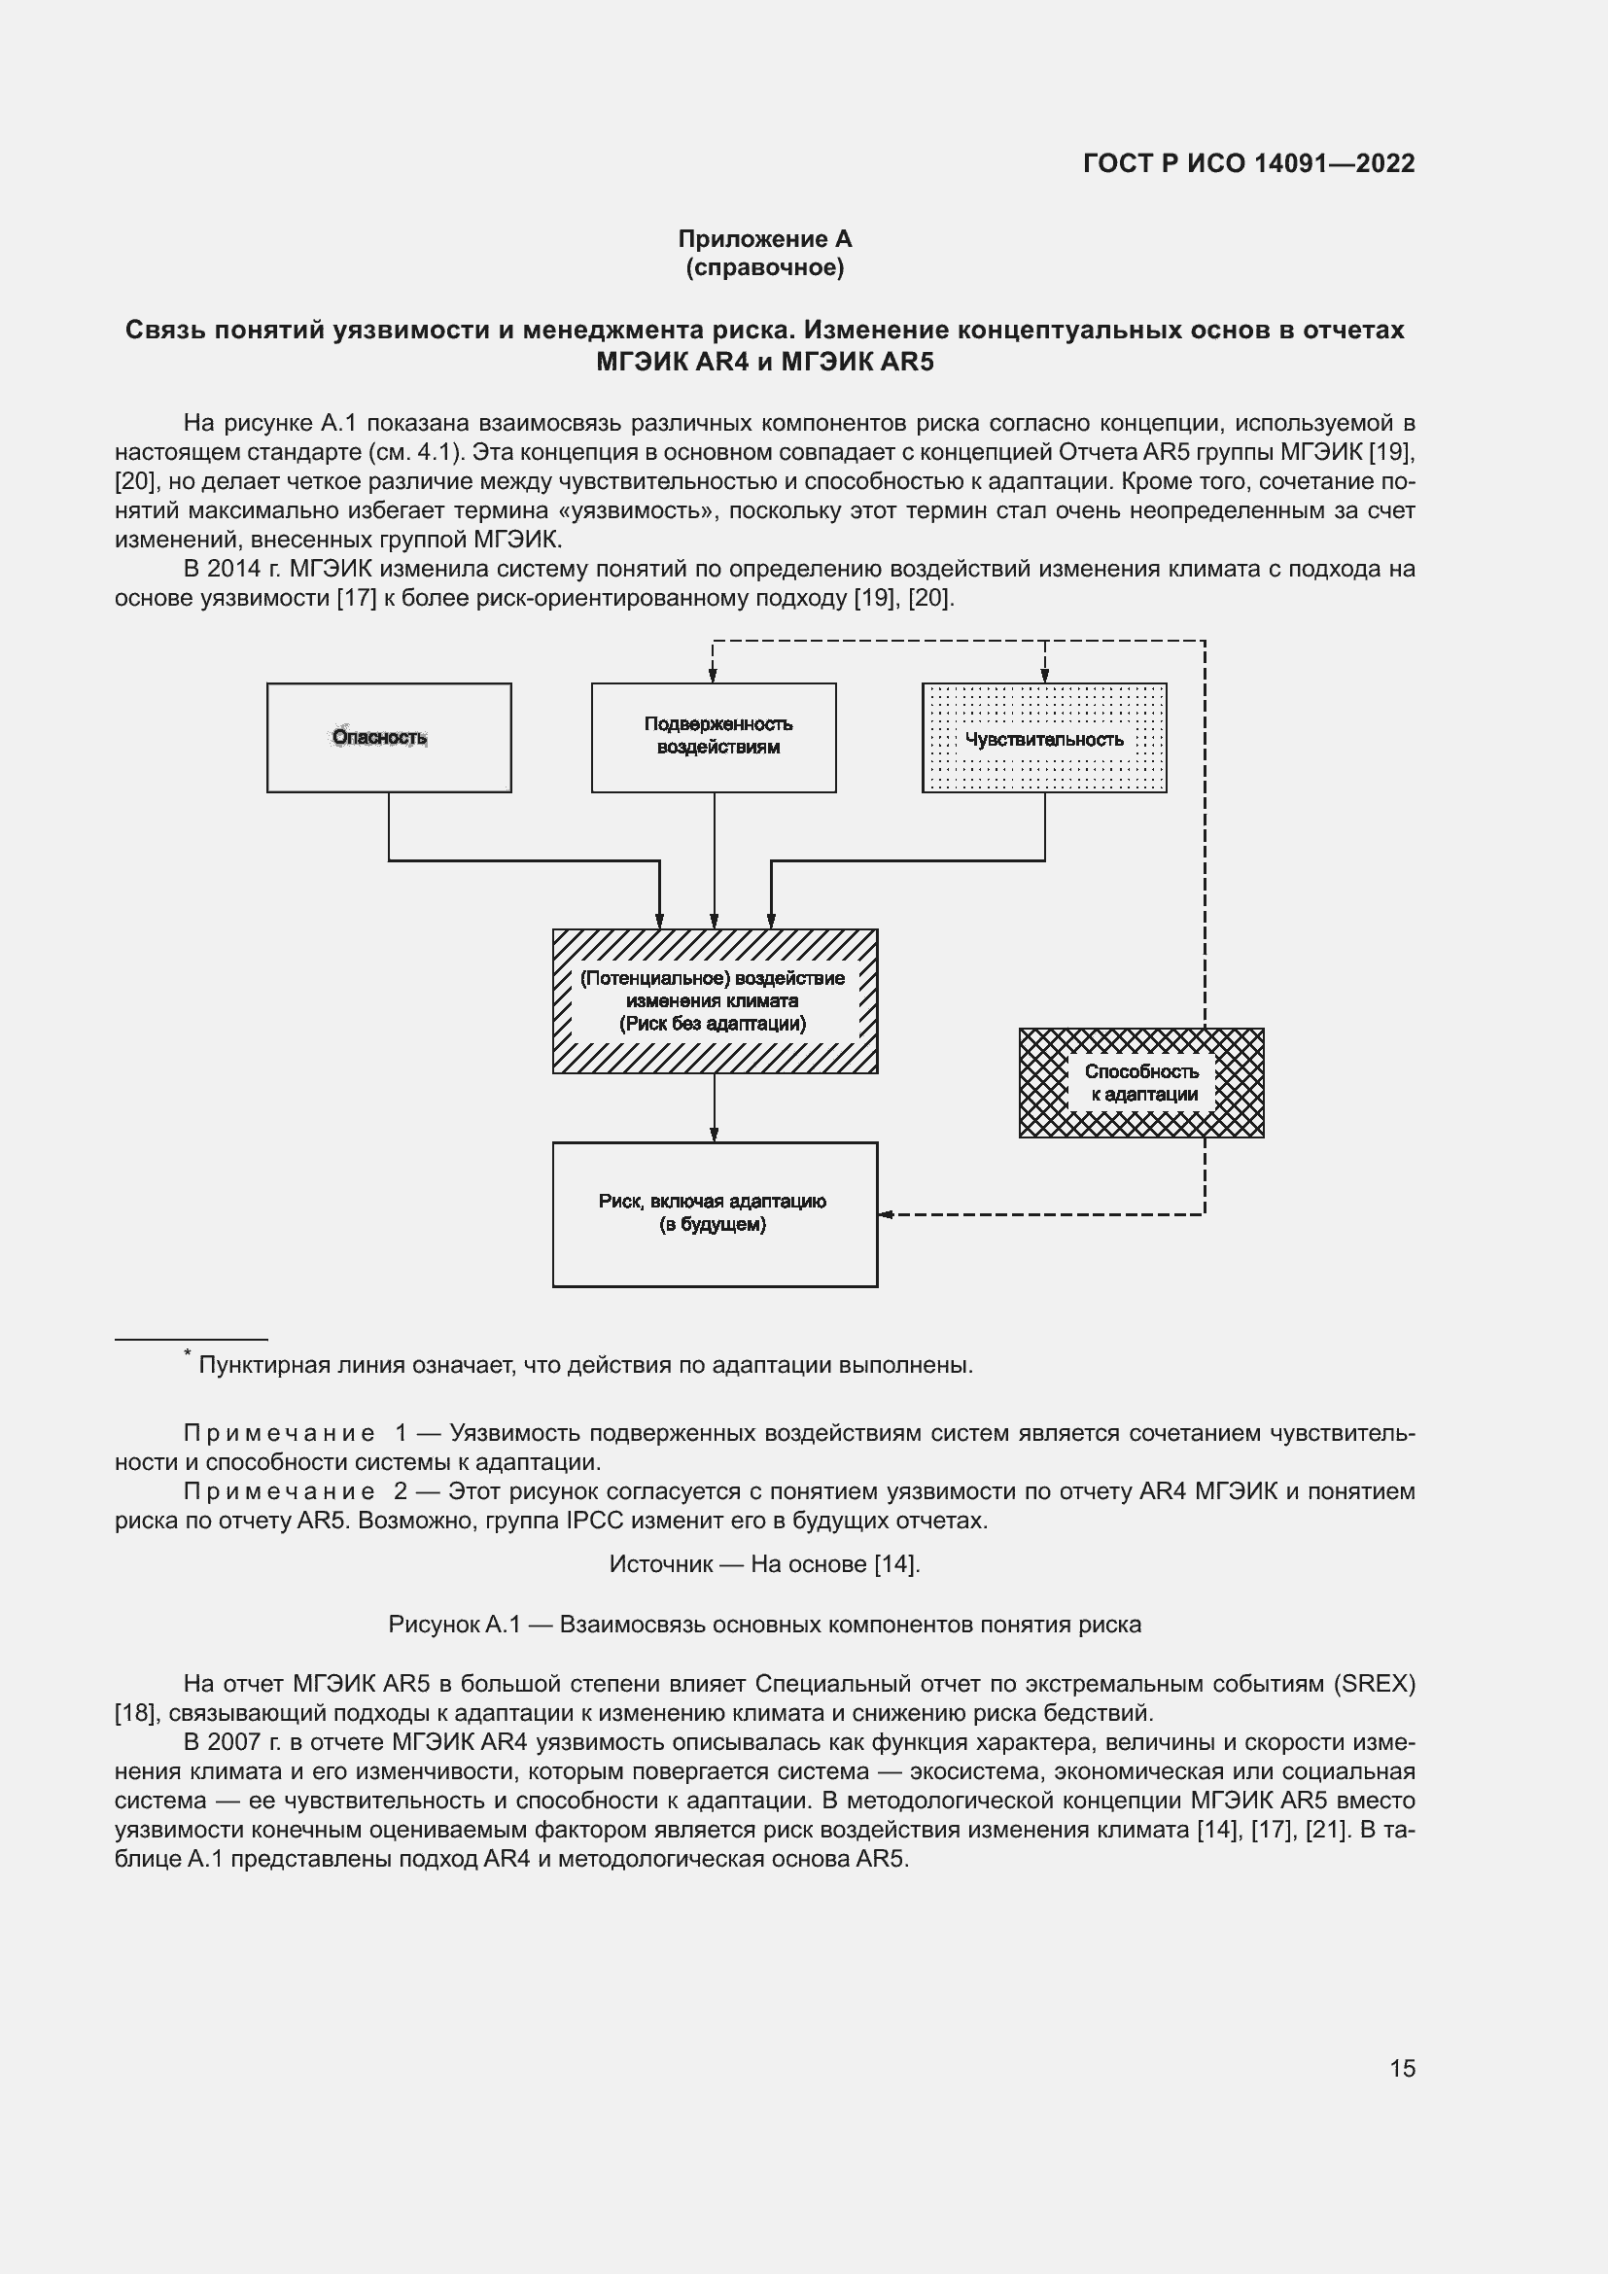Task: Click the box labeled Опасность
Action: point(388,737)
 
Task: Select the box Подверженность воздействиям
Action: point(713,737)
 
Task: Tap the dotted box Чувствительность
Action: point(1043,739)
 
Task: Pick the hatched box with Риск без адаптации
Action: point(714,1001)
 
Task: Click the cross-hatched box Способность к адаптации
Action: point(1141,1082)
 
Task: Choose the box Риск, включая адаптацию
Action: point(714,1214)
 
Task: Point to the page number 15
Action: point(1402,2068)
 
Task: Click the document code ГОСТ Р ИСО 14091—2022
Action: point(1248,163)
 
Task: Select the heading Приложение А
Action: point(764,239)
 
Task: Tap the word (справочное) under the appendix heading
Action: point(764,267)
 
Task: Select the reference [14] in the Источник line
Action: point(895,1564)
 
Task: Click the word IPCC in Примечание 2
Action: point(593,1521)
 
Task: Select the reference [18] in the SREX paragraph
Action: point(136,1712)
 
